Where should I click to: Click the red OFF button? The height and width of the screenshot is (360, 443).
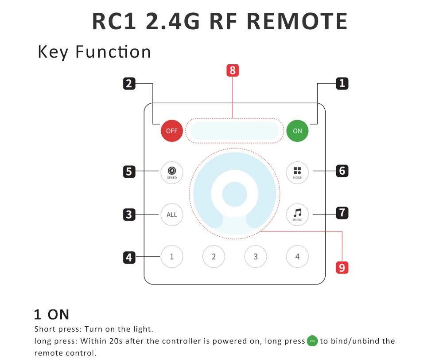click(x=172, y=131)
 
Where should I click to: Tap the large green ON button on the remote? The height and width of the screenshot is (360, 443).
click(x=297, y=131)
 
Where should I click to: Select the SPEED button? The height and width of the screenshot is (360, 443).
click(x=172, y=172)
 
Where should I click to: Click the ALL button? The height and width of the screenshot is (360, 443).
click(x=172, y=215)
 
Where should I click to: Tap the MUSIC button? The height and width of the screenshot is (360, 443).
click(x=297, y=215)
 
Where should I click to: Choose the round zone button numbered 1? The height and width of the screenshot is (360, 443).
click(x=172, y=257)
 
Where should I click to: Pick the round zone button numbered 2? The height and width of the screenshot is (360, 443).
click(x=214, y=257)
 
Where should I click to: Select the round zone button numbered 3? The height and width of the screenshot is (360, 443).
click(x=256, y=257)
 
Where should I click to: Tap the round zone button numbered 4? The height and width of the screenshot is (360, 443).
click(x=297, y=257)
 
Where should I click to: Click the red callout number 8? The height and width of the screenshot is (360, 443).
click(x=233, y=70)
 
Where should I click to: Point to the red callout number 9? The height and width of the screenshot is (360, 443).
click(x=342, y=267)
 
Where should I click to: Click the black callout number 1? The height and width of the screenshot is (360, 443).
click(x=342, y=83)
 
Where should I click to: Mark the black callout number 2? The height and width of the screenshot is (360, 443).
click(x=129, y=84)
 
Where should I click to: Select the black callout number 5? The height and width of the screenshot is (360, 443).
click(x=129, y=172)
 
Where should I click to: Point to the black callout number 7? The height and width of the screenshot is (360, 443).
click(x=342, y=213)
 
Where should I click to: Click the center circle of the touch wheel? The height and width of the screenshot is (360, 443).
click(x=234, y=194)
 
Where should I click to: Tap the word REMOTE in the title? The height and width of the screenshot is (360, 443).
click(x=297, y=21)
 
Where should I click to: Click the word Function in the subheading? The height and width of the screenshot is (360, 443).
click(x=113, y=52)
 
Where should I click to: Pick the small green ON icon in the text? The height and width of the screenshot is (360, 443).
click(x=312, y=341)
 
